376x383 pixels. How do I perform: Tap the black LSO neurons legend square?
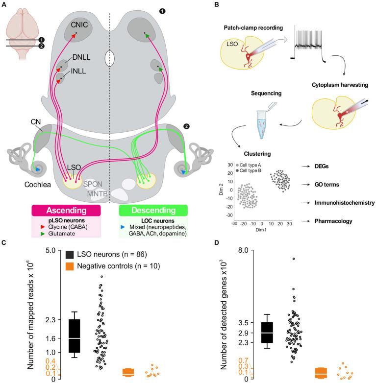(72, 255)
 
